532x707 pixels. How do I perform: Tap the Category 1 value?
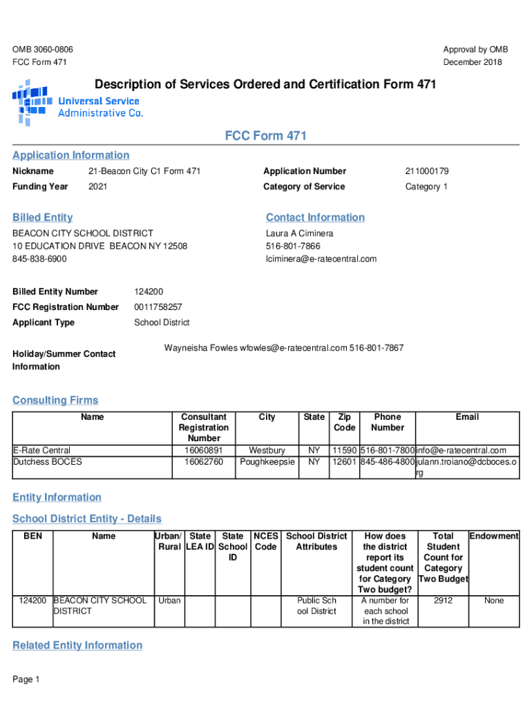tap(426, 186)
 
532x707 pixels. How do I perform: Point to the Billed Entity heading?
tap(42, 217)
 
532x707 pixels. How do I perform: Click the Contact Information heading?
tap(315, 217)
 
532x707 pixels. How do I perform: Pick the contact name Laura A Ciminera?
tap(299, 233)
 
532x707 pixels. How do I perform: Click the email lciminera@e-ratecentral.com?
tap(321, 259)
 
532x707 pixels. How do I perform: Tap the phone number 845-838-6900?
tap(39, 259)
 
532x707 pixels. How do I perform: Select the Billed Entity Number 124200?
tap(149, 291)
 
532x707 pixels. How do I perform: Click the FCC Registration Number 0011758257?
tap(158, 307)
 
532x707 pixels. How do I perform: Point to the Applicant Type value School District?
tap(162, 322)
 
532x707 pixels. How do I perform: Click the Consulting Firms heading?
tap(55, 400)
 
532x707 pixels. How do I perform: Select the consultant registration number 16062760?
tap(204, 461)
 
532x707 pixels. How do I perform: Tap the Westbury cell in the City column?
tap(267, 451)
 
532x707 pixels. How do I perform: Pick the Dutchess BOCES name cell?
tap(48, 461)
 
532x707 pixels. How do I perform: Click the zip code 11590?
tap(343, 451)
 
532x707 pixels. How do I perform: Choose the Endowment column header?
tap(494, 536)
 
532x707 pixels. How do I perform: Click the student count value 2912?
tap(443, 601)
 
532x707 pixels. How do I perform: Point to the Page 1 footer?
tap(26, 679)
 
